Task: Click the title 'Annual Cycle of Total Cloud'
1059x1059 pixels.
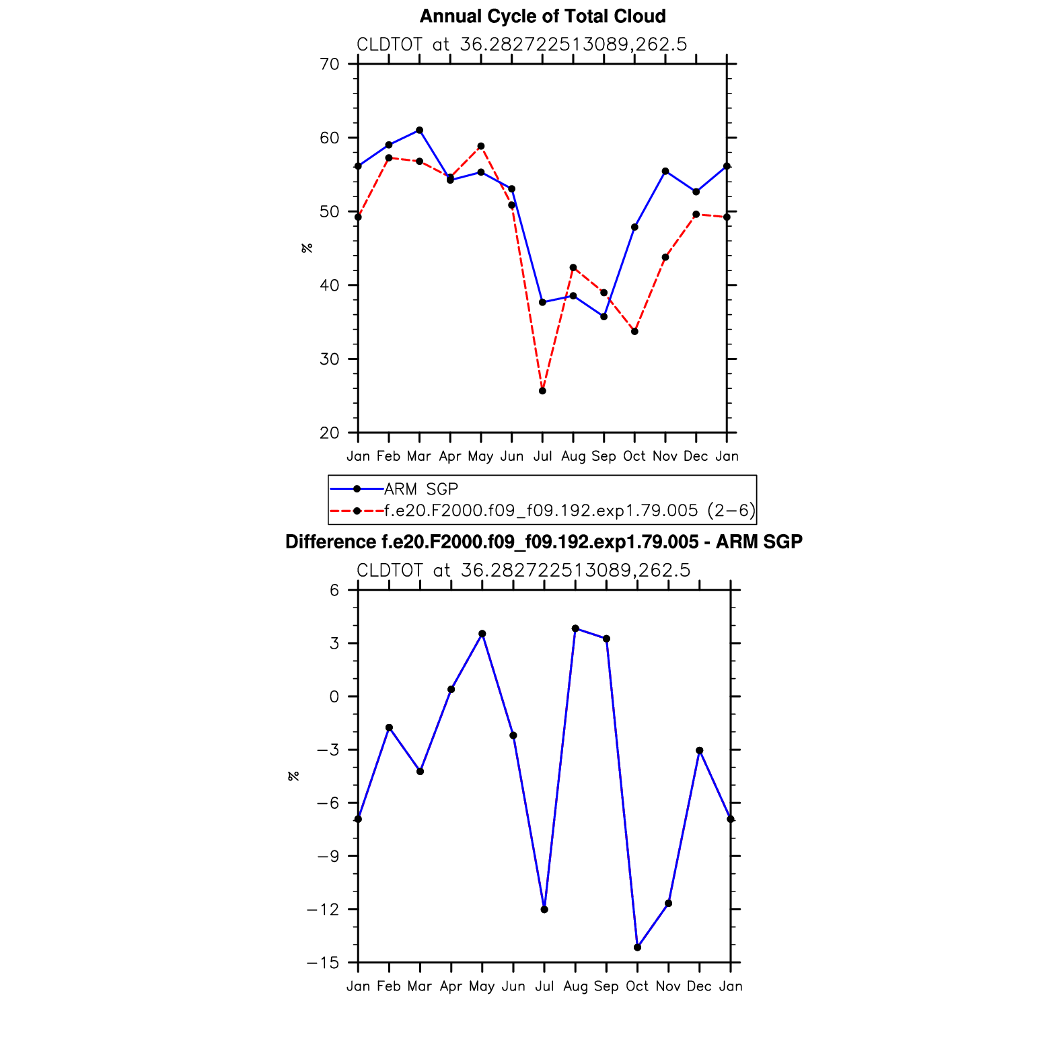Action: (x=542, y=16)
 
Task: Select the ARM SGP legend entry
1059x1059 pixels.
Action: (x=421, y=489)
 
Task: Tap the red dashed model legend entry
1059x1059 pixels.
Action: (x=569, y=511)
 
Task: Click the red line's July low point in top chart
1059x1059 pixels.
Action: (x=542, y=391)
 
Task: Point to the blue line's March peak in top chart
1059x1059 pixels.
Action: (x=419, y=130)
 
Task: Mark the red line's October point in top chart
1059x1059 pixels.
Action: (x=634, y=331)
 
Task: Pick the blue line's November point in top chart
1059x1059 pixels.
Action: (x=665, y=171)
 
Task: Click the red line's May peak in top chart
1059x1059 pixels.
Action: (x=481, y=146)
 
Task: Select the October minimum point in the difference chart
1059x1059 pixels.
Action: (x=637, y=947)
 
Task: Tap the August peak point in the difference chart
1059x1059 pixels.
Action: (x=575, y=628)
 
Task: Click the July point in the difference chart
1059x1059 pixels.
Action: (x=544, y=910)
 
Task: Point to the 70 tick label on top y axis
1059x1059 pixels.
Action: (x=330, y=65)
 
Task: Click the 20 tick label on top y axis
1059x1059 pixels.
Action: (x=330, y=433)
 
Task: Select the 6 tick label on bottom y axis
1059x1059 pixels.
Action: (x=334, y=590)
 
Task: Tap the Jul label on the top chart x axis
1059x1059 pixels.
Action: (x=542, y=456)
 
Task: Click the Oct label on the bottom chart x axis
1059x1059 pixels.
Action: (x=637, y=986)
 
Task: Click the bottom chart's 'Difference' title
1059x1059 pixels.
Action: (x=544, y=542)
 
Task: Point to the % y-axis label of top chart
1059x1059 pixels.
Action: (x=307, y=248)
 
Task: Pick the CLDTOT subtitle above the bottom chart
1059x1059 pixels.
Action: (x=523, y=571)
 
